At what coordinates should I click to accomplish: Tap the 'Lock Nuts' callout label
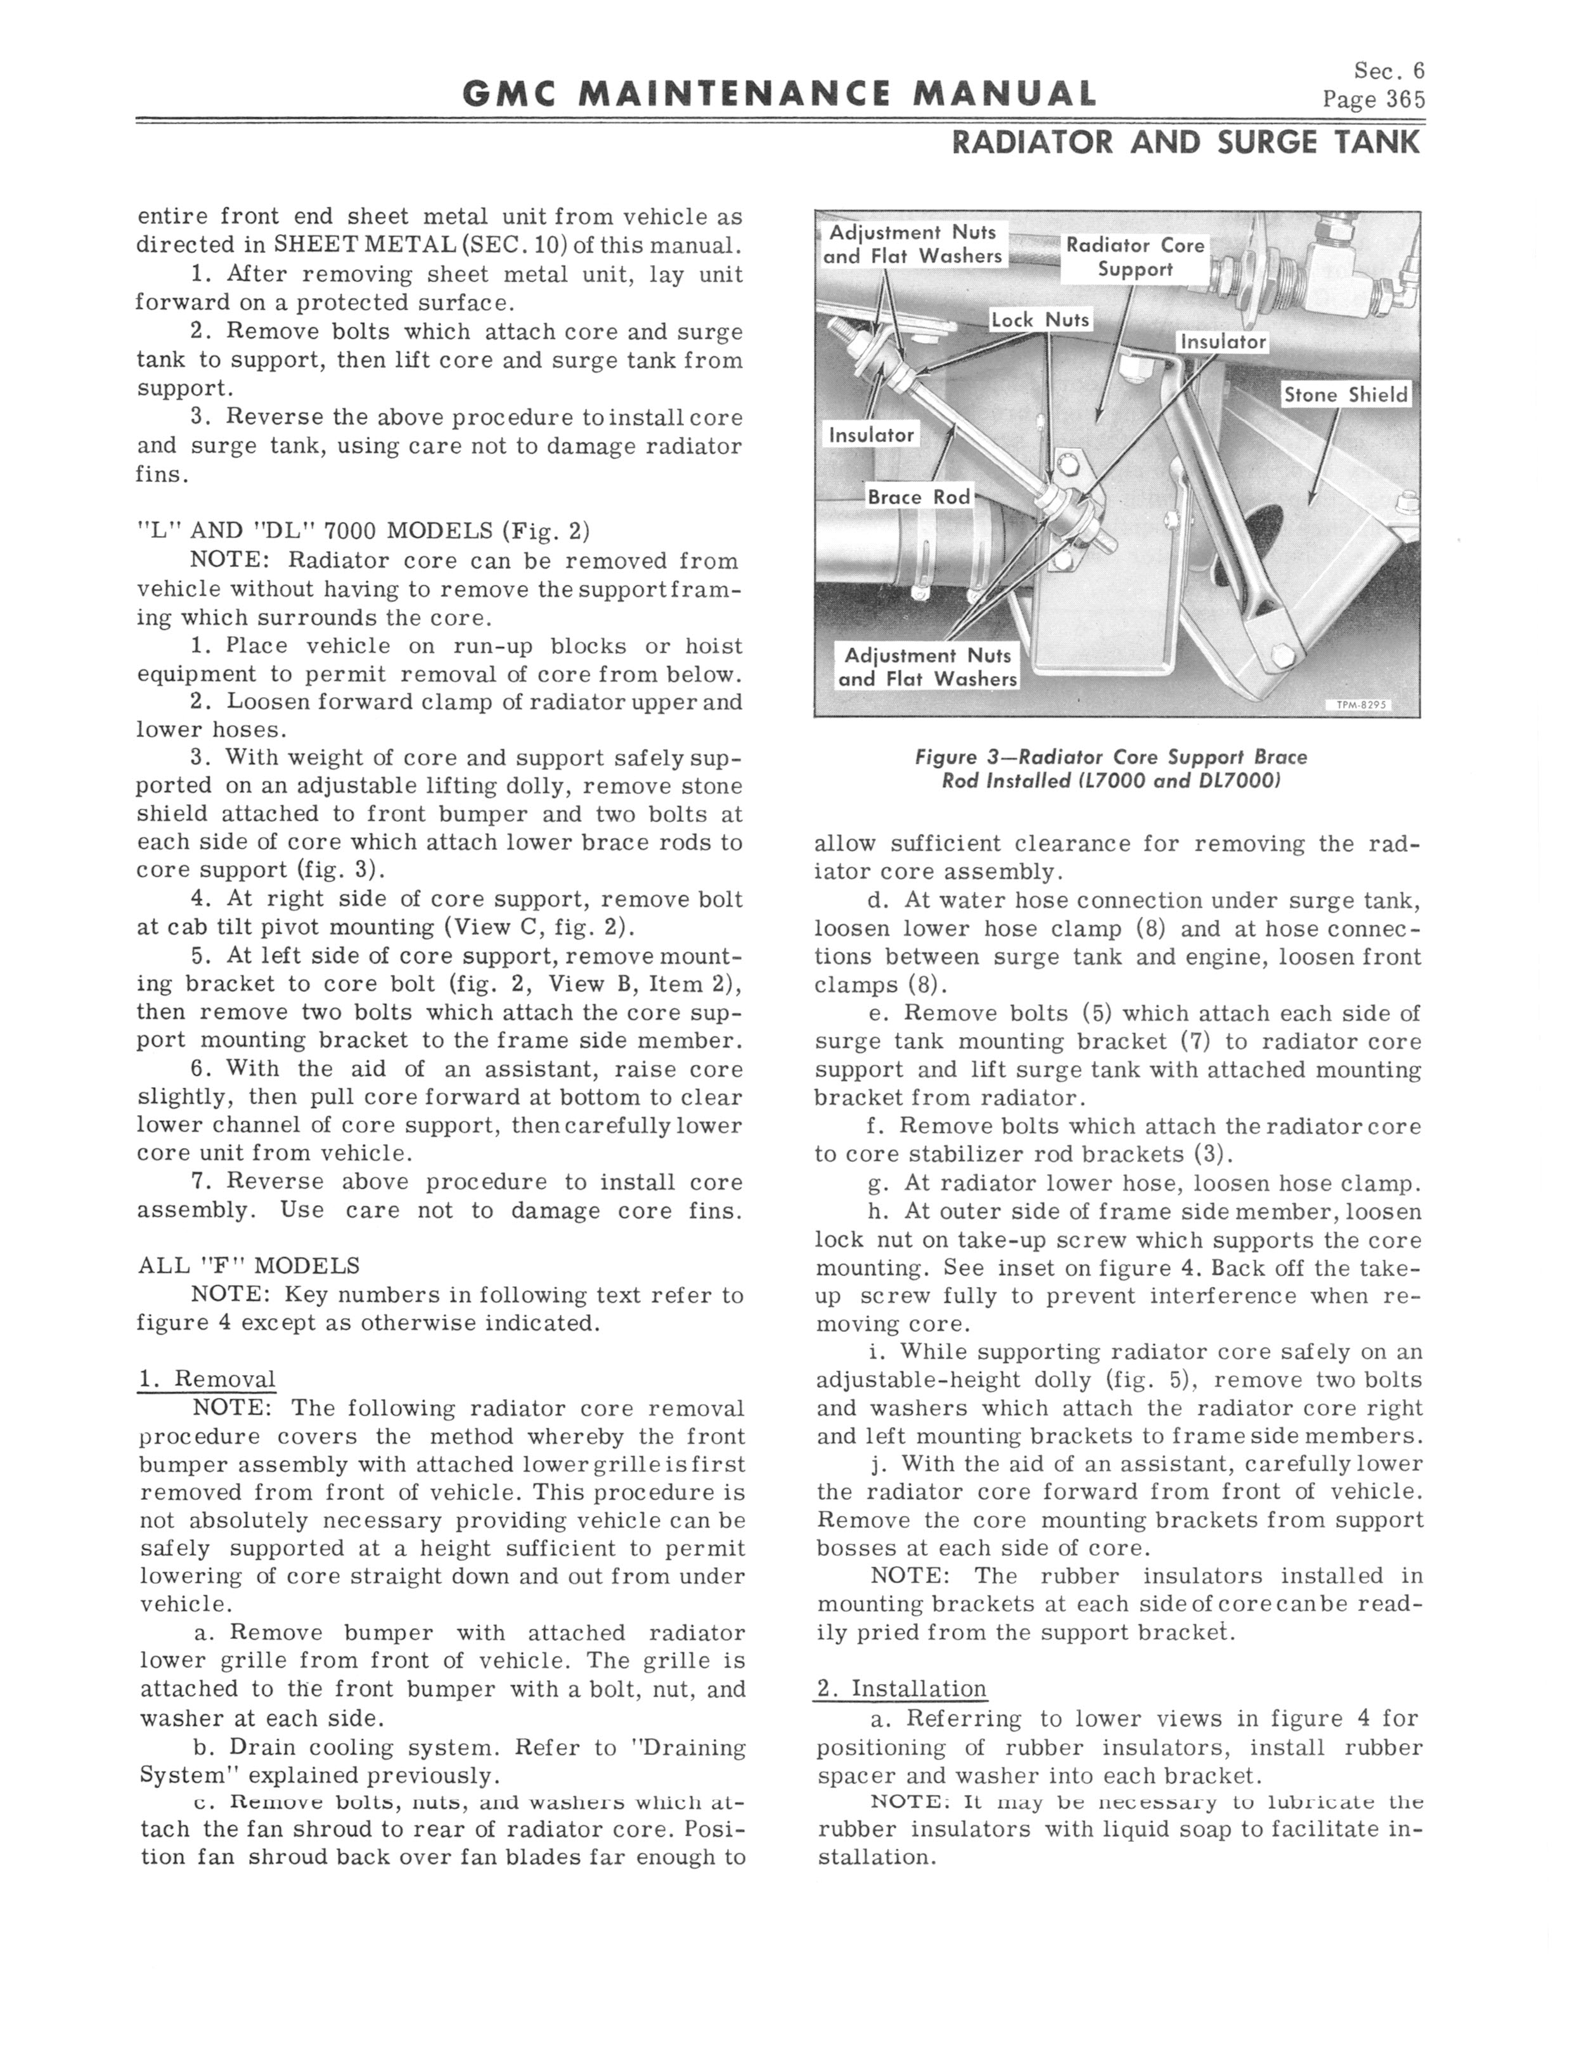(1041, 319)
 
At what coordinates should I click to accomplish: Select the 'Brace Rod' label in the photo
(919, 497)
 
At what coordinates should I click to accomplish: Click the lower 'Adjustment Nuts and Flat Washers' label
(926, 667)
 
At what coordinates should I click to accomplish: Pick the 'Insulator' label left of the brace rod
(871, 434)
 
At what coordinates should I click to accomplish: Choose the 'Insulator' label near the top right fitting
(1223, 342)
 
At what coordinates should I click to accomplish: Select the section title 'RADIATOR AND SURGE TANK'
(1185, 142)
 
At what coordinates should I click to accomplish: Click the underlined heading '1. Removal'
(206, 1379)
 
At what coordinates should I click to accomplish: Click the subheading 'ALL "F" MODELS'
(248, 1265)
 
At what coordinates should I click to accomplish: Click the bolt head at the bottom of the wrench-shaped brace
(1283, 656)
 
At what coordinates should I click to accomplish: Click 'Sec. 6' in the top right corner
(1389, 71)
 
